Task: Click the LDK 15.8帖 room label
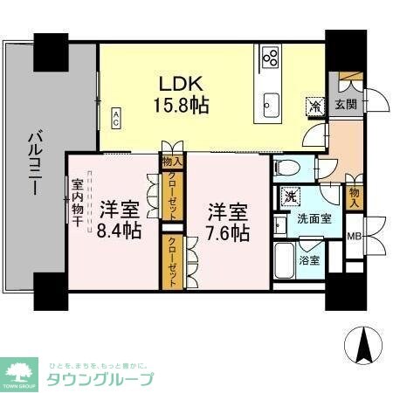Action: pos(181,93)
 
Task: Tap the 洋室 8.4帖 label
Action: pos(119,220)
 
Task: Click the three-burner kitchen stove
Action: pos(269,58)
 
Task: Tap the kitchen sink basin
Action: pos(269,105)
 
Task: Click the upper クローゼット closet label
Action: pos(173,187)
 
